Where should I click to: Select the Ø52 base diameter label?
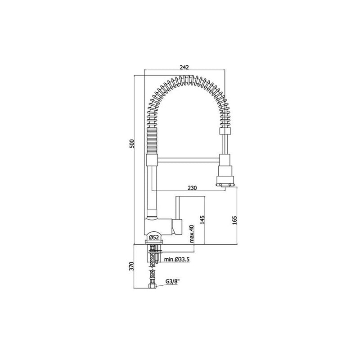pos(153,238)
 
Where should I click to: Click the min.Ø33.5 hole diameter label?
pos(177,259)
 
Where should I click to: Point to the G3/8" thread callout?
pos(172,282)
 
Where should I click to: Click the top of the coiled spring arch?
pos(185,80)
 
